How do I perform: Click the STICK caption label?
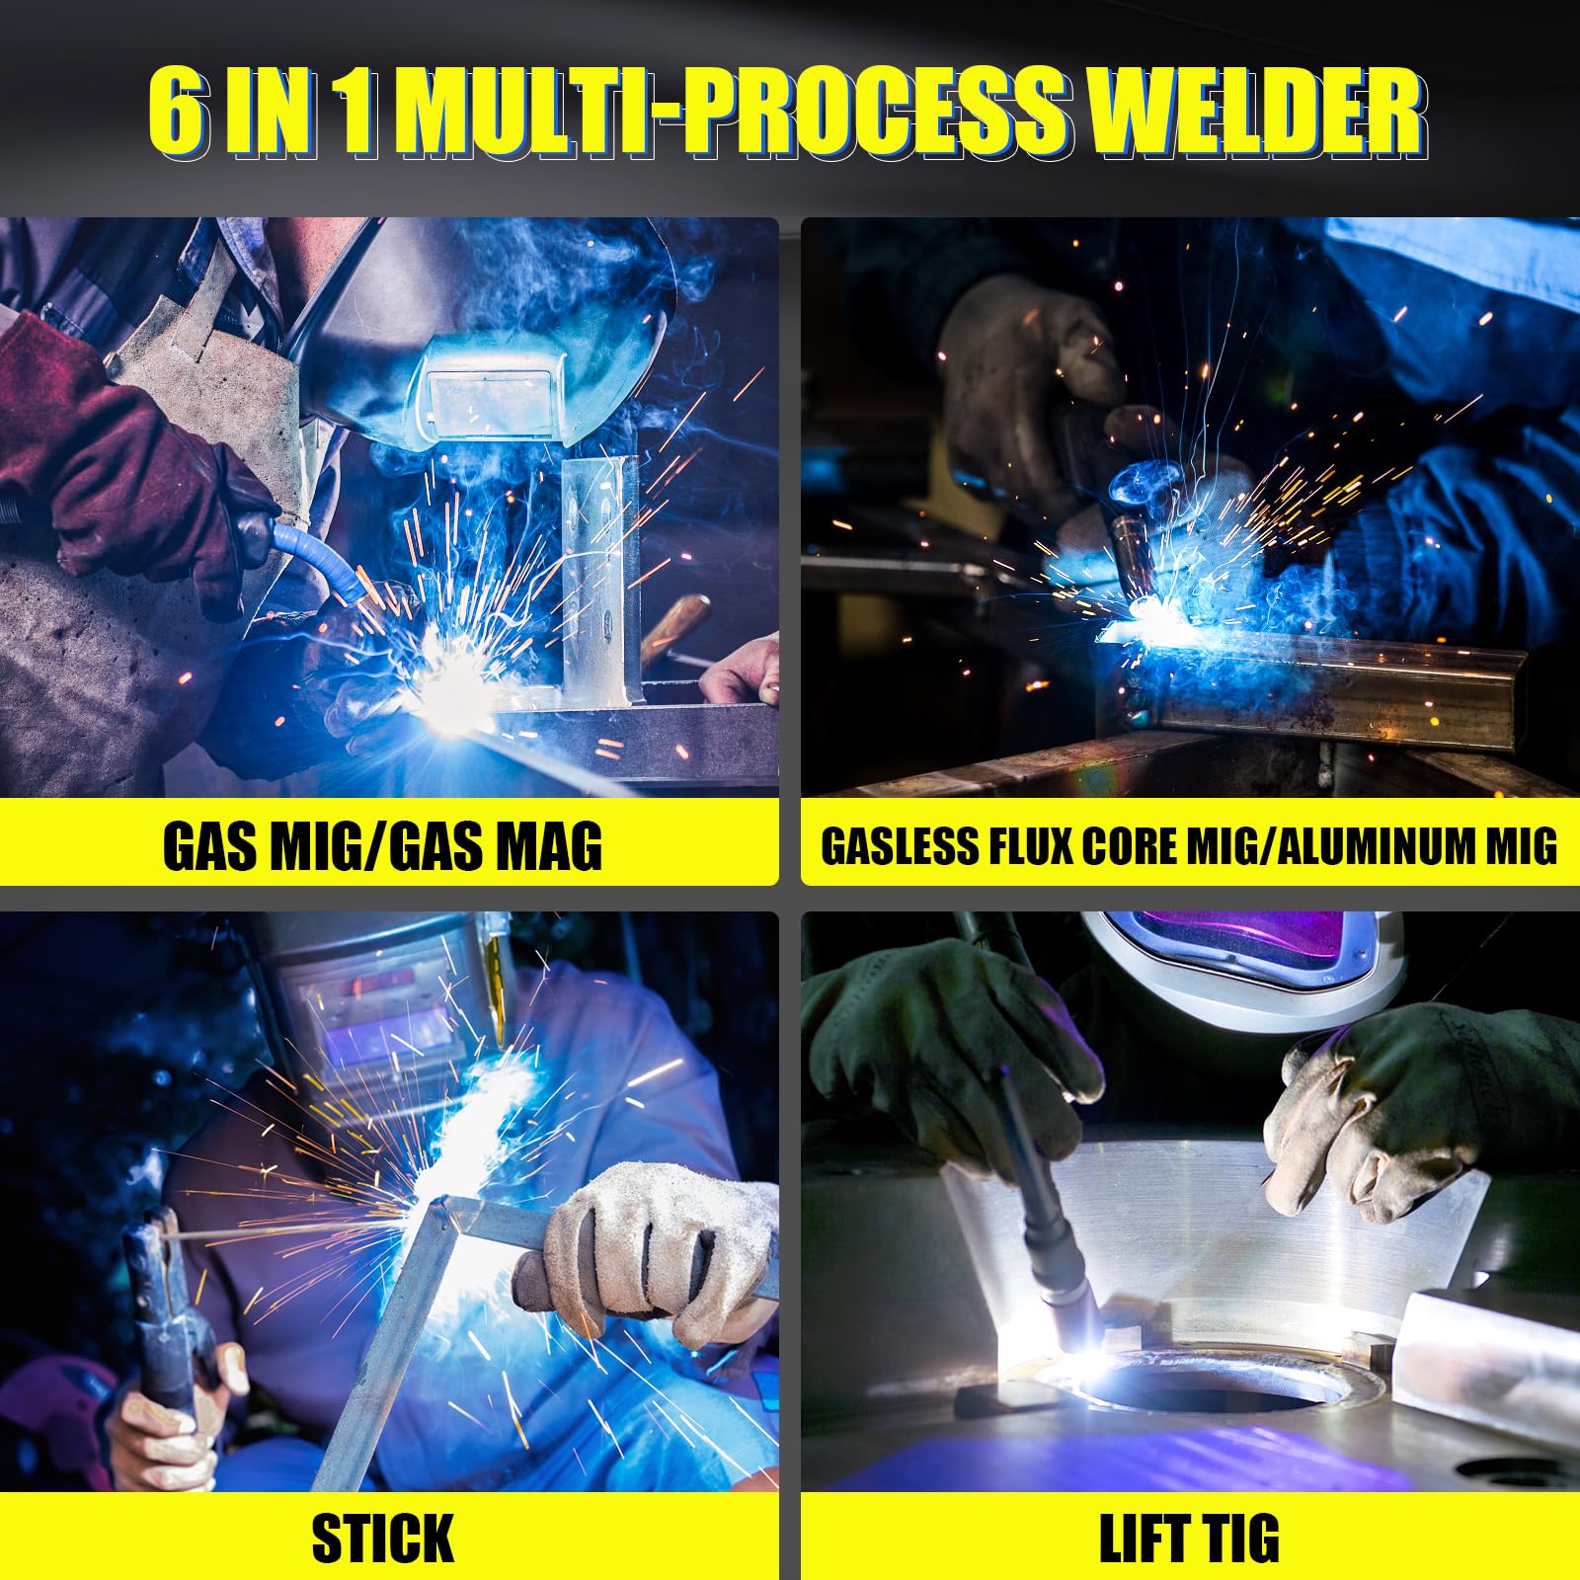(x=383, y=1538)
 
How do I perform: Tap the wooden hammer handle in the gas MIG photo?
(x=675, y=628)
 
